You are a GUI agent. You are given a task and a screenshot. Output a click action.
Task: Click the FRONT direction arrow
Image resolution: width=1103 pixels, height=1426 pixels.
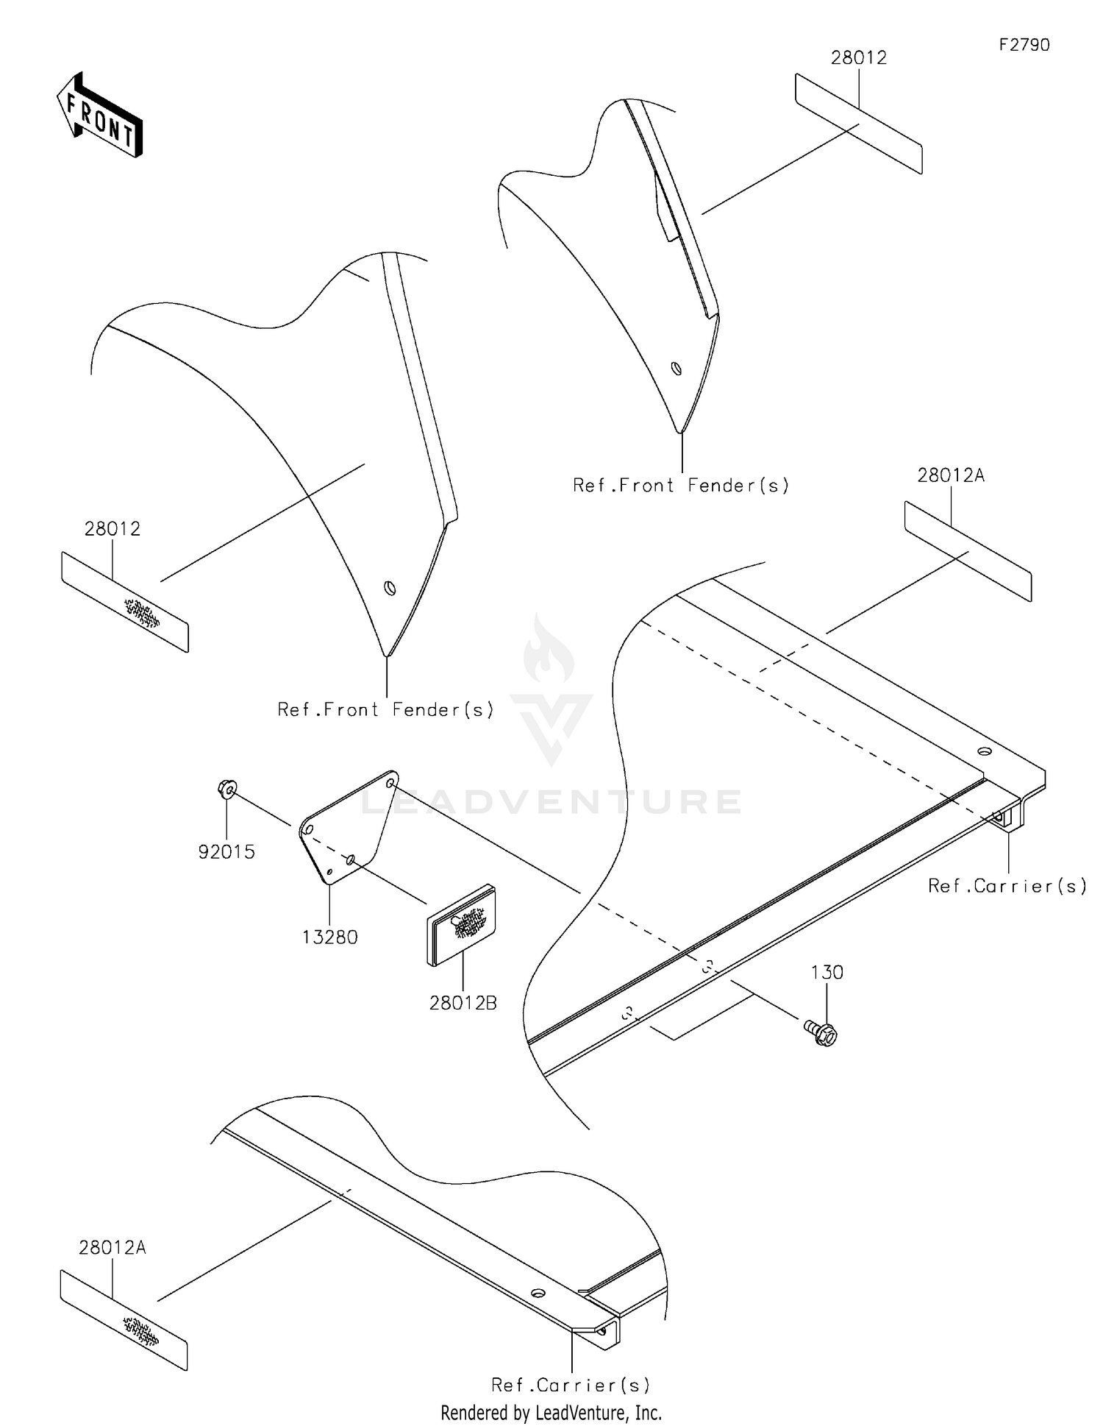(x=100, y=116)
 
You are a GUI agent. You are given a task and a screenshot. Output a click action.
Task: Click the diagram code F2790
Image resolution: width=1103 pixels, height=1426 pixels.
(x=1024, y=45)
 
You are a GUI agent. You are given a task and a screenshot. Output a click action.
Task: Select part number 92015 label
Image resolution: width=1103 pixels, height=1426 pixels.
(x=226, y=852)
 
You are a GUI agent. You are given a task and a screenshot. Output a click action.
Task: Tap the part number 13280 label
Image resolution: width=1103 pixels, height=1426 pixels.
(x=329, y=937)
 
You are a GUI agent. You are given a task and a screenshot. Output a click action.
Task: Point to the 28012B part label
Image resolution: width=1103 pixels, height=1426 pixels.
(x=463, y=1002)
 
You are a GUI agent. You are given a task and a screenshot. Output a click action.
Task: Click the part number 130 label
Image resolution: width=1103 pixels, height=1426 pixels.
(x=827, y=972)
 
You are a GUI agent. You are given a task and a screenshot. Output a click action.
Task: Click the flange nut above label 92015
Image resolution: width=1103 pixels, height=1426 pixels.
(x=227, y=790)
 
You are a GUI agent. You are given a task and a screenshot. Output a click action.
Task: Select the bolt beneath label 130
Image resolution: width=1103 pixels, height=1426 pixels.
(x=821, y=1032)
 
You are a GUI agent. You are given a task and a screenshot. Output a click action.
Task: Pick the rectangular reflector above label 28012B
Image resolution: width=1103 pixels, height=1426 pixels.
(x=462, y=924)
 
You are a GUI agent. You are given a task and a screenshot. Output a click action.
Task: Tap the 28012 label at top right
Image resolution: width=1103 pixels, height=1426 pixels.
(x=859, y=57)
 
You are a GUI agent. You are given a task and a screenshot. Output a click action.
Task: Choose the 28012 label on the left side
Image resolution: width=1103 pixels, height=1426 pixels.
(x=113, y=528)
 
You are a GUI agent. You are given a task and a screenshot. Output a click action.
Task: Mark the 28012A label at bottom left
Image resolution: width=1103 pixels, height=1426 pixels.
(x=113, y=1247)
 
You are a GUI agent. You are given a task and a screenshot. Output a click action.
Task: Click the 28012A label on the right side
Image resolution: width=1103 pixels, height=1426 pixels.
(x=951, y=475)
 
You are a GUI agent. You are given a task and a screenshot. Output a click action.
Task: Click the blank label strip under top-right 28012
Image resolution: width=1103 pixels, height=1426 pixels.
(x=859, y=124)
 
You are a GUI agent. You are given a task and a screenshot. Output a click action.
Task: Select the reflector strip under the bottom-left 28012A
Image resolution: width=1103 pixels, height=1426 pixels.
(x=124, y=1320)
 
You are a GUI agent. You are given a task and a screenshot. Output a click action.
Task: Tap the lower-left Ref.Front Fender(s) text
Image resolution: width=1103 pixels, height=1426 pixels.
(x=385, y=709)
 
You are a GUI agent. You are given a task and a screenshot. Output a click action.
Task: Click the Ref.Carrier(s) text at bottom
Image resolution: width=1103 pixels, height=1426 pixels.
(x=571, y=1385)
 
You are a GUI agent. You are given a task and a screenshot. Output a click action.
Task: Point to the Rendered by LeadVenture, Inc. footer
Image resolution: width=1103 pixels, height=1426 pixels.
(x=551, y=1413)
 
